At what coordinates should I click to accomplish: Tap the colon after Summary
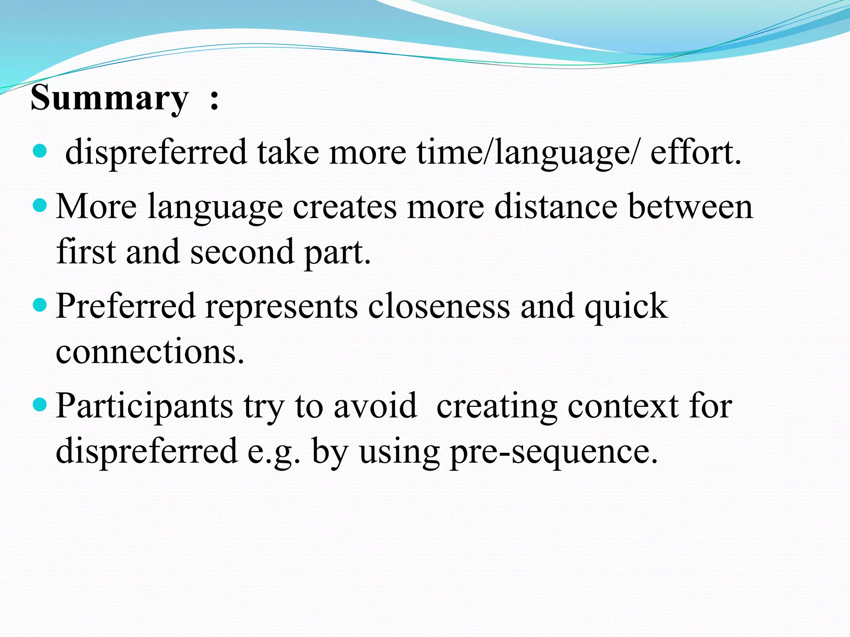pyautogui.click(x=214, y=100)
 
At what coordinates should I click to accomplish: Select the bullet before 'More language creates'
pyautogui.click(x=40, y=205)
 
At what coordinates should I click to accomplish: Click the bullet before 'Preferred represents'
pyautogui.click(x=40, y=305)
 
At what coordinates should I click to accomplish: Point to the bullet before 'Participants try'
pyautogui.click(x=40, y=404)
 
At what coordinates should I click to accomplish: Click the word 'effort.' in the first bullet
pyautogui.click(x=696, y=152)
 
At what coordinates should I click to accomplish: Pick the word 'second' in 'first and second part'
pyautogui.click(x=242, y=252)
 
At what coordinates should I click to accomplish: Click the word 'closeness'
pyautogui.click(x=439, y=306)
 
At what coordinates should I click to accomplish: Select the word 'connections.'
pyautogui.click(x=150, y=352)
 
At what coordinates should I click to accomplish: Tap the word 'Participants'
pyautogui.click(x=144, y=406)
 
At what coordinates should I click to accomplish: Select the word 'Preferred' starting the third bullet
pyautogui.click(x=125, y=306)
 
